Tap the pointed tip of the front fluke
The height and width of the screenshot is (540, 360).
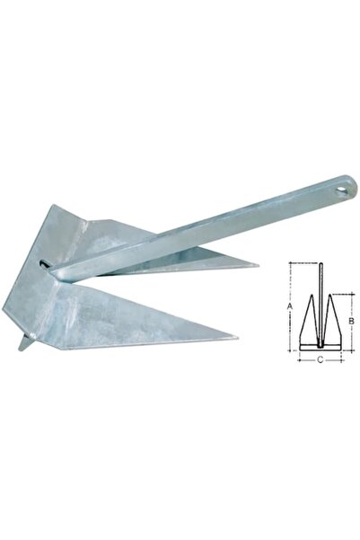coord(236,338)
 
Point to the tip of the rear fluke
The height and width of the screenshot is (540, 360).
coord(258,265)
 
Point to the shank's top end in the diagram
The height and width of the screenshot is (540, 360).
coord(320,264)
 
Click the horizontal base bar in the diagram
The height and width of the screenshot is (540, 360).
coord(320,347)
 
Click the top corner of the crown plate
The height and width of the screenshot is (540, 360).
coord(55,207)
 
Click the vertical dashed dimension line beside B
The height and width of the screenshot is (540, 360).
coord(346,318)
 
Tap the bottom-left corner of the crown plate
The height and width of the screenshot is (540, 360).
coord(4,310)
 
